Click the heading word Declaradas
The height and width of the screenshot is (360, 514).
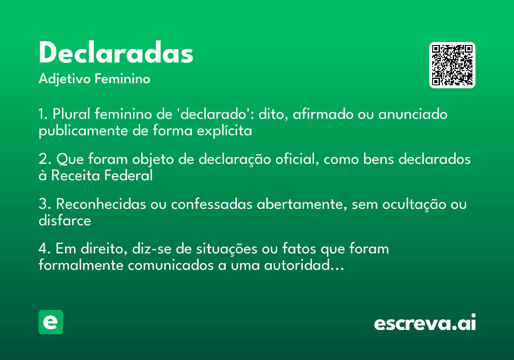(116, 53)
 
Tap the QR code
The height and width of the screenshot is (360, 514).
(452, 65)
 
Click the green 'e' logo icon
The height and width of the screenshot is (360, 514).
(51, 322)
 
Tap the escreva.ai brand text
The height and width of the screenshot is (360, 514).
(425, 323)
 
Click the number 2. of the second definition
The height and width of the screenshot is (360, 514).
(45, 159)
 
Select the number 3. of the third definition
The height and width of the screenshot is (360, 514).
(45, 204)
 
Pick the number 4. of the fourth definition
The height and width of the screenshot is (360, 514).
(45, 249)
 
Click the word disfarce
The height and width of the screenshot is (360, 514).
(65, 221)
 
